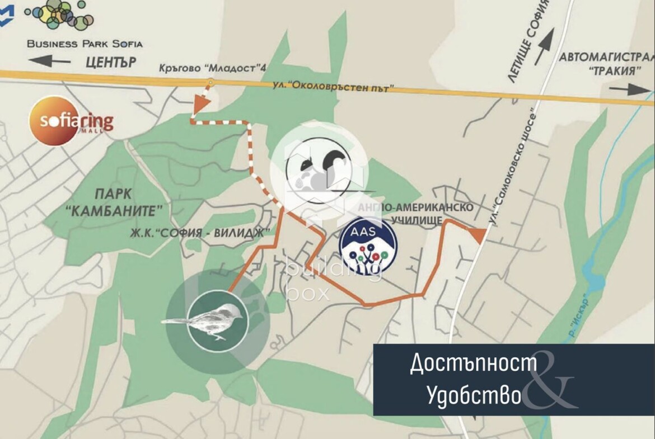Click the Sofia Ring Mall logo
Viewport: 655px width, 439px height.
pyautogui.click(x=71, y=121)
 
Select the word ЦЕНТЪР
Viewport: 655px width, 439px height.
pyautogui.click(x=111, y=62)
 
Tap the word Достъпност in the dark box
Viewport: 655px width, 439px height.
pyautogui.click(x=473, y=364)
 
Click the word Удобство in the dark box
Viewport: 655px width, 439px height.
pyautogui.click(x=474, y=395)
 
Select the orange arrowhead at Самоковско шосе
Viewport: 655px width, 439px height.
pyautogui.click(x=478, y=236)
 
